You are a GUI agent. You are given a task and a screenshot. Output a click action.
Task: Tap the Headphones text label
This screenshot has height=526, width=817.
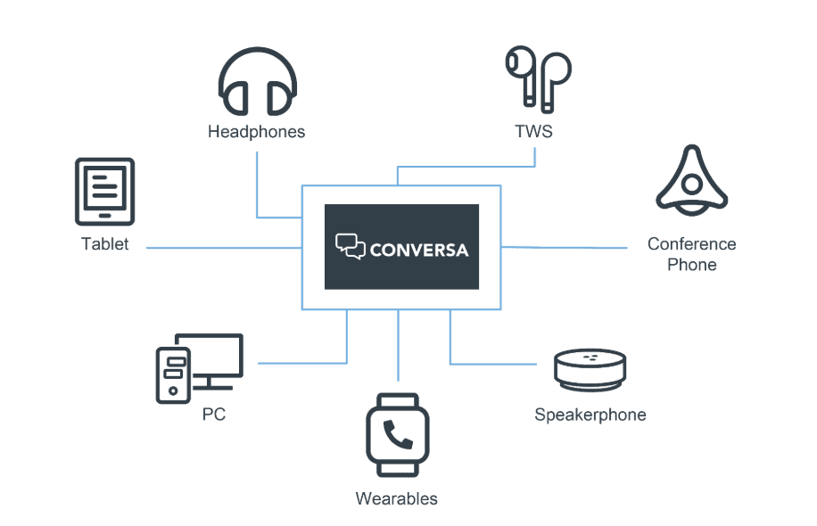[x=257, y=132]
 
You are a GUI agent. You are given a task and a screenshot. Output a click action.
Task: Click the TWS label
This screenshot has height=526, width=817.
[x=533, y=132]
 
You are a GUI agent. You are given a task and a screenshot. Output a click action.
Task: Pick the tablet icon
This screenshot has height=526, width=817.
[x=104, y=192]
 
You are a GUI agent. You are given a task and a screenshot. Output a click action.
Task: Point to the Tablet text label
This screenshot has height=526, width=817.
[x=104, y=244]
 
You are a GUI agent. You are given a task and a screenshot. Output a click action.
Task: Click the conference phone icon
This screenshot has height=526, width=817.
[x=691, y=182]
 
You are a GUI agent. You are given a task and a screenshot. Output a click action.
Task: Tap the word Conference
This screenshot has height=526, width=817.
[x=691, y=244]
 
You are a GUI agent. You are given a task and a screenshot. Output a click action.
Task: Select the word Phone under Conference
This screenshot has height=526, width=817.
[x=691, y=265]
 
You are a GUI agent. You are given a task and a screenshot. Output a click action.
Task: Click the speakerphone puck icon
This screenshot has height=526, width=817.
[x=590, y=370]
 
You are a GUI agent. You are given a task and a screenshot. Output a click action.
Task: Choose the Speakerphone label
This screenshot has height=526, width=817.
[x=590, y=415]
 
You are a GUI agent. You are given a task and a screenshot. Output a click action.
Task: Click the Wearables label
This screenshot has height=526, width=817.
[x=397, y=498]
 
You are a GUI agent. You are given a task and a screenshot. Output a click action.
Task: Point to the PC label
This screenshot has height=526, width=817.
[x=213, y=415]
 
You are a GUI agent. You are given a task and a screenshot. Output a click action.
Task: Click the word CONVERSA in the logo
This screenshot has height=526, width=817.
[x=418, y=249]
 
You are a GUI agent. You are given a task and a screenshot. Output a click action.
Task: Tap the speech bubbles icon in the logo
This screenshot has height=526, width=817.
[x=350, y=246]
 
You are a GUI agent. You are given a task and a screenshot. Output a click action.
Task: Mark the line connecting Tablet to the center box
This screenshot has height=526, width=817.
[x=223, y=248]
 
